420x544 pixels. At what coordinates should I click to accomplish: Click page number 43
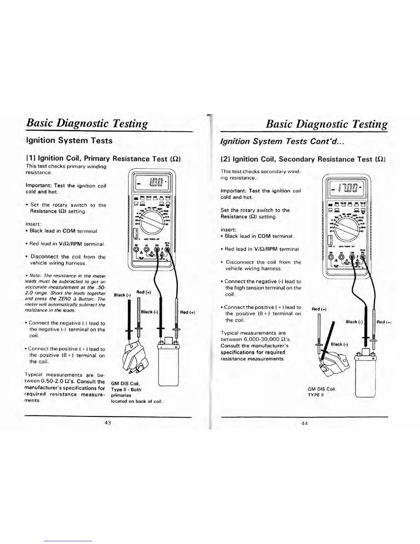point(108,422)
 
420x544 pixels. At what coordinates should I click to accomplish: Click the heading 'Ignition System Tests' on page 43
point(69,140)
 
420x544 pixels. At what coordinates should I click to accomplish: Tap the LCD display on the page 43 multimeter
point(151,188)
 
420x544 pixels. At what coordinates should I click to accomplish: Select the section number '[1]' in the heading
point(31,158)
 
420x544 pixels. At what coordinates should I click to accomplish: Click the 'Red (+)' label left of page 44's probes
point(319,309)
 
